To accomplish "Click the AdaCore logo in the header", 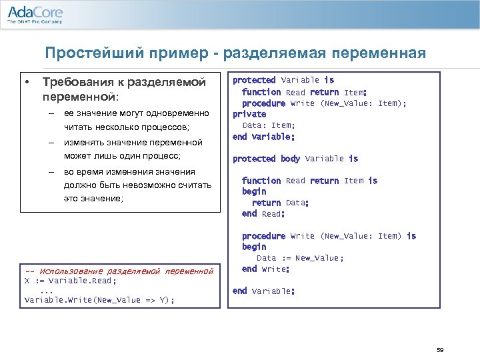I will click(35, 13).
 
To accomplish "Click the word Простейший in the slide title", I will click(85, 53).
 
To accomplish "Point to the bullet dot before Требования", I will click(27, 82).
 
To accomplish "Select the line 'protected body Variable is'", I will click(295, 159).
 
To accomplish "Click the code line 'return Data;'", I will click(279, 203).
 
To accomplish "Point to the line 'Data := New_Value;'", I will click(300, 258).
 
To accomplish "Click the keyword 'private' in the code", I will click(249, 114).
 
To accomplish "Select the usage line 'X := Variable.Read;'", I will click(61, 281).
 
